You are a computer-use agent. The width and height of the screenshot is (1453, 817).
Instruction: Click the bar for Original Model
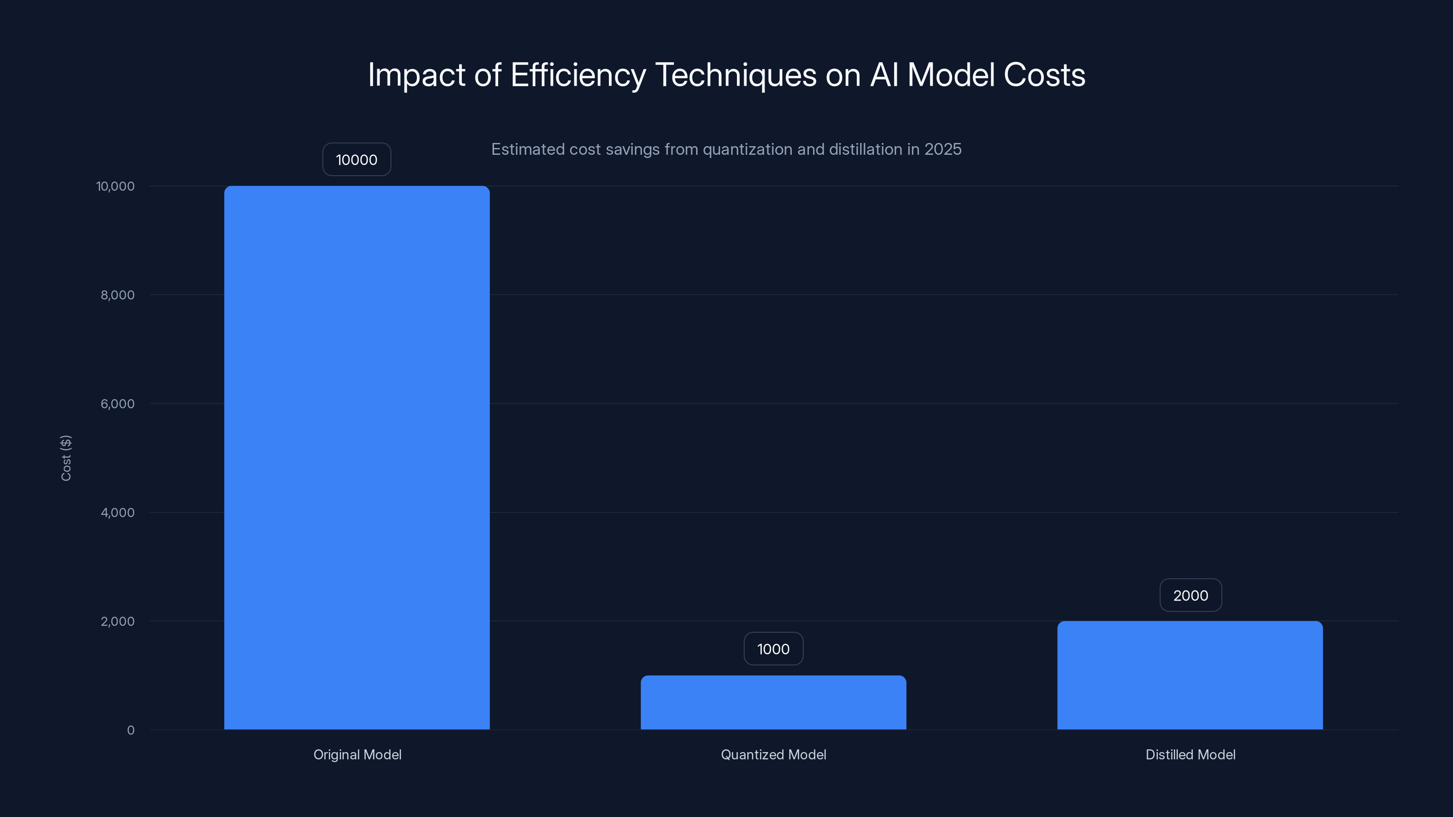point(356,457)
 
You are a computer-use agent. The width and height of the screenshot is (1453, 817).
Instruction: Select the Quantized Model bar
point(773,702)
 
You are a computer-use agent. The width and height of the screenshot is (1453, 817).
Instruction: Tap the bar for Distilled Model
point(1190,675)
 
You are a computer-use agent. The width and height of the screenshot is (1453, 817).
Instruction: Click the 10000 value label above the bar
point(356,160)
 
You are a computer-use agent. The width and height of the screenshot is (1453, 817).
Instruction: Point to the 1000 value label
point(773,649)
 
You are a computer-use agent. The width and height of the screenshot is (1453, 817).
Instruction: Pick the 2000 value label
point(1190,596)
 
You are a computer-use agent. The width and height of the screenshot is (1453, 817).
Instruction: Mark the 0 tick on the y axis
point(131,730)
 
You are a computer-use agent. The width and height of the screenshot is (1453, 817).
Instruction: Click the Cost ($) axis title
point(66,458)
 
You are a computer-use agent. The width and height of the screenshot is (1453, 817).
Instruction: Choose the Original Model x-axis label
point(357,754)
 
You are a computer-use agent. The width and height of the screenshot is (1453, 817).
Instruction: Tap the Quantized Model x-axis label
point(773,754)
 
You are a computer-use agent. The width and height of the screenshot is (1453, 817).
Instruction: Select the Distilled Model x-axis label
point(1190,754)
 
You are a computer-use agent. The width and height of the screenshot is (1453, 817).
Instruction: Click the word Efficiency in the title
point(578,75)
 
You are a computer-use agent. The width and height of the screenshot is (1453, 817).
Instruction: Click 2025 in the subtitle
point(943,149)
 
